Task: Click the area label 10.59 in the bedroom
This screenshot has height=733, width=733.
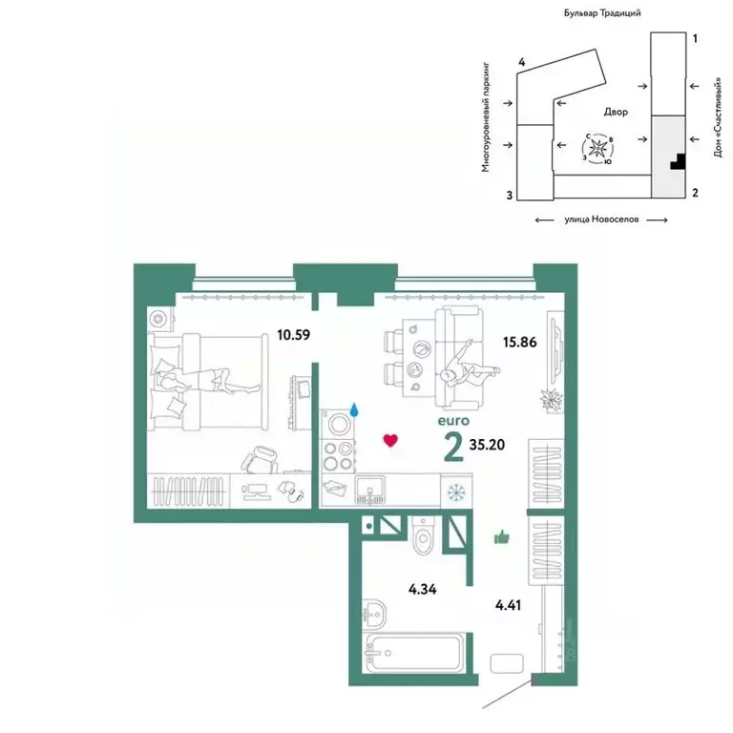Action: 293,335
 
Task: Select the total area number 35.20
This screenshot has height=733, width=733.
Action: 488,445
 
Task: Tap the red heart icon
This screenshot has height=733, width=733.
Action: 388,440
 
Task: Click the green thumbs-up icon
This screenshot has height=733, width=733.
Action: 501,538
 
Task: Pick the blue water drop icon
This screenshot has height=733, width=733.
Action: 355,409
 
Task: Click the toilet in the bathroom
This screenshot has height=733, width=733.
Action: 421,538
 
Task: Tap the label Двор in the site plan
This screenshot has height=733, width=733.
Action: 616,112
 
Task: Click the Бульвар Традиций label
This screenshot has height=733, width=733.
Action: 600,13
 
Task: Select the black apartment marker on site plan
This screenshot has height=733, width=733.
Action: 678,162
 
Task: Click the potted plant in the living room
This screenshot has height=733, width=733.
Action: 551,400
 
